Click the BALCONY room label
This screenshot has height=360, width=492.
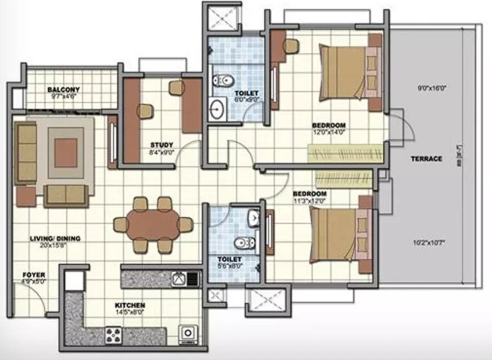pos(63,90)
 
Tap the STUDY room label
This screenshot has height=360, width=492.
pos(162,145)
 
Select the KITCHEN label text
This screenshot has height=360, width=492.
pos(130,305)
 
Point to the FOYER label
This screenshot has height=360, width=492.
pos(34,275)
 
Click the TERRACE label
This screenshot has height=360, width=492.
pos(426,159)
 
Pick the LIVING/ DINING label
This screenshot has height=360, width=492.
pos(55,239)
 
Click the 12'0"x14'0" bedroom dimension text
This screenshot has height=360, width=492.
pos(329,132)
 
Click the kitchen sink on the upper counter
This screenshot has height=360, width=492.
pos(180,278)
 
